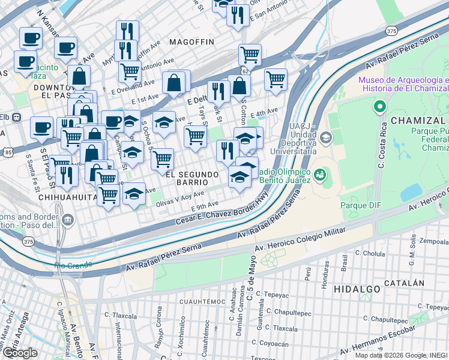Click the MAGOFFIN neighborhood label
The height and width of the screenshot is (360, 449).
[x=191, y=42]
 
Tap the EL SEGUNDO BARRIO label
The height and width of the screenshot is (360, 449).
[x=191, y=179]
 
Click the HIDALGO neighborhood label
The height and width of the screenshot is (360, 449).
[x=357, y=289]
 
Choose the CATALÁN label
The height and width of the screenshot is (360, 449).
[x=405, y=283]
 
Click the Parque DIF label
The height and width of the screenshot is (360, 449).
[x=361, y=205]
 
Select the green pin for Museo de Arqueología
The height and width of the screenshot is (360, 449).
[x=379, y=108]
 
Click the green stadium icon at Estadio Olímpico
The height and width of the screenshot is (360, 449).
[x=319, y=175]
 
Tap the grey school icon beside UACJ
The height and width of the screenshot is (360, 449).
[x=325, y=138]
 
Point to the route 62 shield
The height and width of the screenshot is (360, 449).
[x=245, y=71]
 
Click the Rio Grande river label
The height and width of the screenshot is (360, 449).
[x=73, y=264]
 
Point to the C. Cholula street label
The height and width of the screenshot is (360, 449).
[x=370, y=254]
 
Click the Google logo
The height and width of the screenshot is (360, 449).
[x=20, y=353]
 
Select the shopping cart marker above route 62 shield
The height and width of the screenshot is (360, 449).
[x=250, y=55]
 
